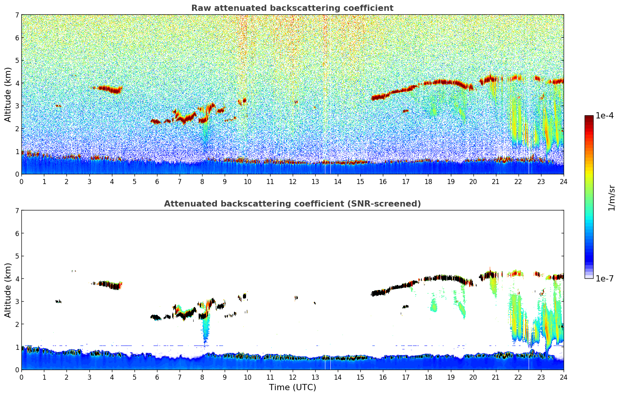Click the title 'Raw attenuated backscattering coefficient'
(292, 8)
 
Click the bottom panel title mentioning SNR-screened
(292, 204)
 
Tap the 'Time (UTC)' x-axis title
(292, 387)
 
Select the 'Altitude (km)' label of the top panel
(8, 94)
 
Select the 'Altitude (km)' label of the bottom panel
(8, 290)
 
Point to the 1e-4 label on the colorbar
(604, 116)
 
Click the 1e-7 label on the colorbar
(604, 278)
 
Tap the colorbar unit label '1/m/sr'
(611, 198)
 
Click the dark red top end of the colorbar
(589, 118)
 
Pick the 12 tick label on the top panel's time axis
(292, 181)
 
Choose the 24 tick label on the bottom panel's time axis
(563, 377)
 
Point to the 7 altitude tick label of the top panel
(17, 15)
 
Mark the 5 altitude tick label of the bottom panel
(17, 256)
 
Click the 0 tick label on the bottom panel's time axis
(21, 377)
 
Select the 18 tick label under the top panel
(428, 181)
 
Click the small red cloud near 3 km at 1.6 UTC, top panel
(58, 106)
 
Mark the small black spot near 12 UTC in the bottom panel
(296, 298)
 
